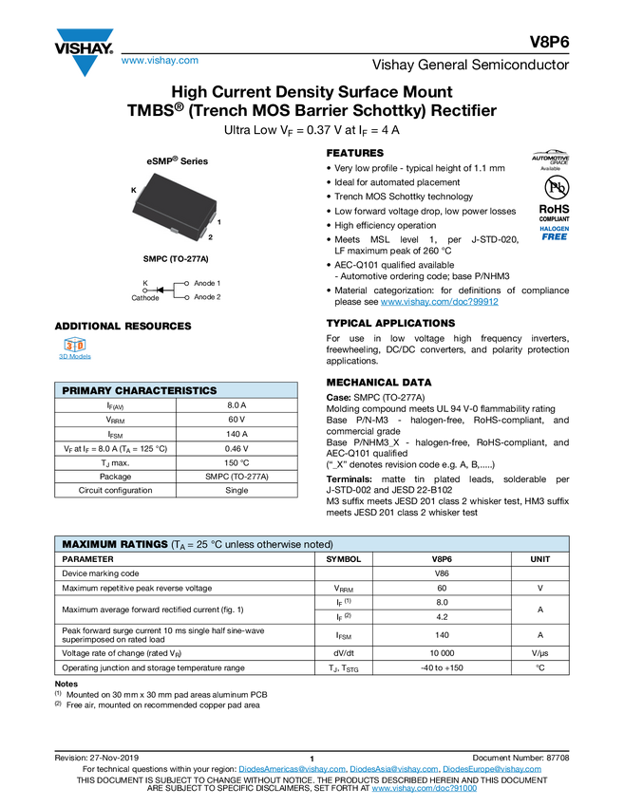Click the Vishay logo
tap(84, 51)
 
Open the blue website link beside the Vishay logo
tap(160, 61)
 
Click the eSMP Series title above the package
tap(177, 161)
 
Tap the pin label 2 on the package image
tap(210, 236)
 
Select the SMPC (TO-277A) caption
tap(177, 258)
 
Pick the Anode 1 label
tap(207, 283)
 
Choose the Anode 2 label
tap(207, 297)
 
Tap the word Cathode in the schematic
tap(145, 298)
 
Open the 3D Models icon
tap(75, 349)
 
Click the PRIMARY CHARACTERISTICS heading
tap(139, 390)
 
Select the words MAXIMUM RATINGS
tap(114, 544)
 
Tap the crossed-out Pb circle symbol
tap(550, 186)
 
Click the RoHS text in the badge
tap(552, 209)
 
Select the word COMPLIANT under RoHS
tap(551, 219)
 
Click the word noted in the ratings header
tap(318, 544)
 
